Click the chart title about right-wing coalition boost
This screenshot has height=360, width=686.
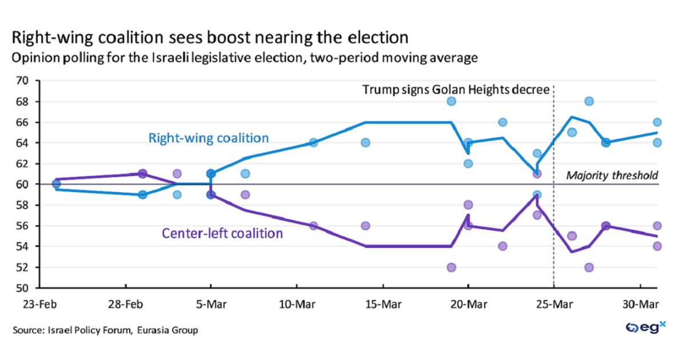click(x=210, y=38)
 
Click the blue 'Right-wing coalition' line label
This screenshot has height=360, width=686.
click(x=208, y=138)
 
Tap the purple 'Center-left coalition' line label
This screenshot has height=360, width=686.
click(x=222, y=233)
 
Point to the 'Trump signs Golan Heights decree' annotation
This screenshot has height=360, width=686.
click(x=456, y=90)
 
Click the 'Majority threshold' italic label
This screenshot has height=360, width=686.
click(x=612, y=175)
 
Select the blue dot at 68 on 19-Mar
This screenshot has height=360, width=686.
click(x=451, y=101)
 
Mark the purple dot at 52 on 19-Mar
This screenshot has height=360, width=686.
click(x=451, y=267)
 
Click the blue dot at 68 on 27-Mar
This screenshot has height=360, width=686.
click(x=589, y=101)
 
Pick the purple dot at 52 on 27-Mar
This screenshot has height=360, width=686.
click(x=589, y=267)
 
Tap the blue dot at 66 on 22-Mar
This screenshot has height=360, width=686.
click(x=502, y=122)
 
